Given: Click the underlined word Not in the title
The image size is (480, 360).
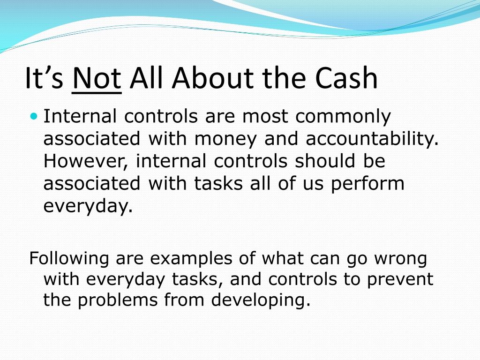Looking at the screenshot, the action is pos(97,78).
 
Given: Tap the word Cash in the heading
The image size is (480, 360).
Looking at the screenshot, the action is pos(346,78).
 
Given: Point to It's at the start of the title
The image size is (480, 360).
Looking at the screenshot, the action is pos(44,78).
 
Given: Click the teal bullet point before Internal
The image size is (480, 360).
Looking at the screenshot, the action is pos(34,116).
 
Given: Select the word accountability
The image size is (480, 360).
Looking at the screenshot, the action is pos(372,139).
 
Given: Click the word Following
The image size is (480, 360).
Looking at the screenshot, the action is pos(69,259).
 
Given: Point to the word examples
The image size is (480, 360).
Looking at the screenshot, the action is pos(191,259).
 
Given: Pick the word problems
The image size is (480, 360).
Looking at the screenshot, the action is pos(118,300).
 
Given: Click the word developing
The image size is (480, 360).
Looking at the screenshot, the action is pos(261,300).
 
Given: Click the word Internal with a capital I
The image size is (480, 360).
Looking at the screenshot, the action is pos(80,116).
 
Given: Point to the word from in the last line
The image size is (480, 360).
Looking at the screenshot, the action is pos(184,300).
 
